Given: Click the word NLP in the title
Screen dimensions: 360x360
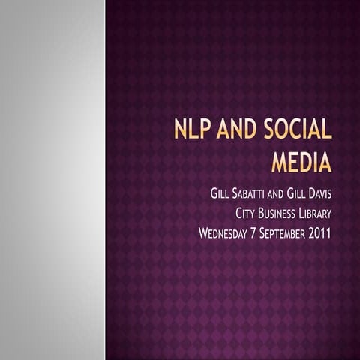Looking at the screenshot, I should pos(190,130).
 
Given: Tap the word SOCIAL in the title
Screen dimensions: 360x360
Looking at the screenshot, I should pos(298,130).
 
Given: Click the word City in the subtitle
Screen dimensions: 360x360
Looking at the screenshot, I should pos(246,214).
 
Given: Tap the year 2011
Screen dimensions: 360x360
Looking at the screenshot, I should pos(320,232).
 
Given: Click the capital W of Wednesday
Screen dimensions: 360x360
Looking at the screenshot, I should pos(203,232).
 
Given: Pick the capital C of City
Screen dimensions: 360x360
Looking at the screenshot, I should pos(238,214).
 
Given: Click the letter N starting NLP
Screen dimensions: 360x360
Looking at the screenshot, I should pos(179,130).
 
